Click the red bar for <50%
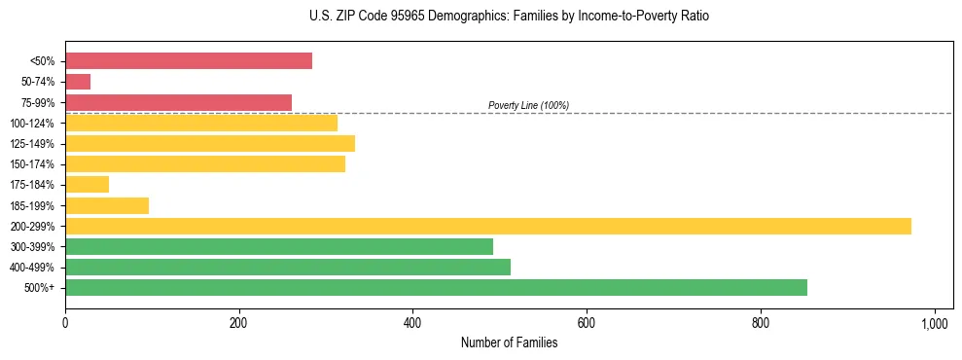coord(189,61)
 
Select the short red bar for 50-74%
coord(78,82)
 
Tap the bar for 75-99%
coord(178,102)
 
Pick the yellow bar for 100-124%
coord(201,123)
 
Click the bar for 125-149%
coord(210,144)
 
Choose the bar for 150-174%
coord(205,164)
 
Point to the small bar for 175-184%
coord(87,185)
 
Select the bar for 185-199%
coord(107,205)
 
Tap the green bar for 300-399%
coord(279,247)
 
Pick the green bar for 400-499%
coord(288,268)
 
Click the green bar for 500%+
coord(436,288)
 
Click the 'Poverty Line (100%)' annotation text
coord(528,105)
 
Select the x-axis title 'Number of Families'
coord(509,342)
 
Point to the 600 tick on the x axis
coord(587,323)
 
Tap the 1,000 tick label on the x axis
coord(935,323)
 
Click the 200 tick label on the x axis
coord(239,323)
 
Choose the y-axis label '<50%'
coord(43,61)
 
